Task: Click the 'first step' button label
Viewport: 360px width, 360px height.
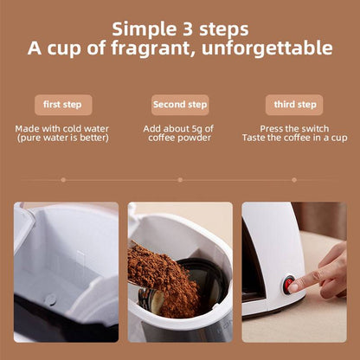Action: [61, 105]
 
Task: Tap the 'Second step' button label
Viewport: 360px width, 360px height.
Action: [180, 105]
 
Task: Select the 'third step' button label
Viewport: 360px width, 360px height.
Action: [294, 105]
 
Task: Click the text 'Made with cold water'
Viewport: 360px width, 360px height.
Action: [61, 128]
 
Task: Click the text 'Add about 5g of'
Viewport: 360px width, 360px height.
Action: [180, 128]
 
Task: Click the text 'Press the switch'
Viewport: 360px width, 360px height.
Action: [294, 128]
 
